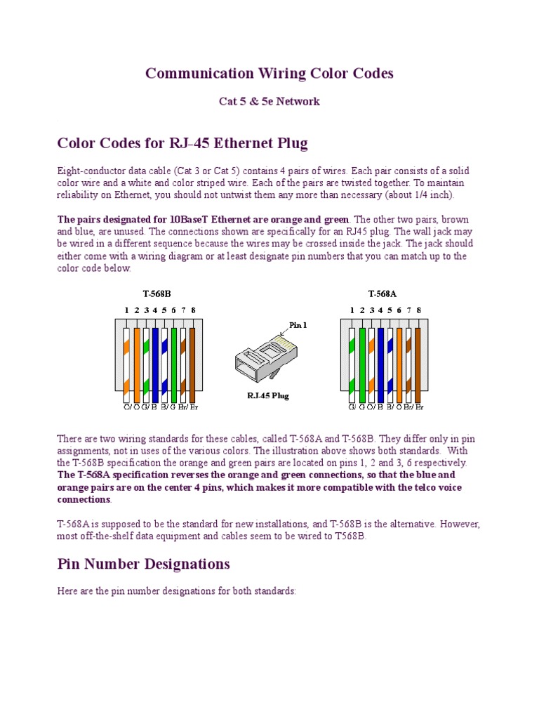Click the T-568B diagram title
pyautogui.click(x=157, y=294)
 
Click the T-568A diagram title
pyautogui.click(x=382, y=294)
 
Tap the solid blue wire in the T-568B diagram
pyautogui.click(x=155, y=362)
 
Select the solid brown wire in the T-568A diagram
pyautogui.click(x=418, y=362)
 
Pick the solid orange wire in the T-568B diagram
pyautogui.click(x=137, y=362)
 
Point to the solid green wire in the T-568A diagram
pyautogui.click(x=362, y=362)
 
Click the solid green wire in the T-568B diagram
pyautogui.click(x=174, y=362)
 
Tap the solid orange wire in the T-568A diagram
pyautogui.click(x=399, y=362)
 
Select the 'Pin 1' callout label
pyautogui.click(x=298, y=325)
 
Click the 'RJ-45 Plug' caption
pyautogui.click(x=267, y=395)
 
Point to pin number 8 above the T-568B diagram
pyautogui.click(x=193, y=310)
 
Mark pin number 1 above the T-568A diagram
pyautogui.click(x=352, y=310)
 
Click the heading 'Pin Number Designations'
pyautogui.click(x=143, y=564)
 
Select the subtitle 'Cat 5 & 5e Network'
pyautogui.click(x=269, y=101)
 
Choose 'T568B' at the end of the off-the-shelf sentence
pyautogui.click(x=352, y=536)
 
